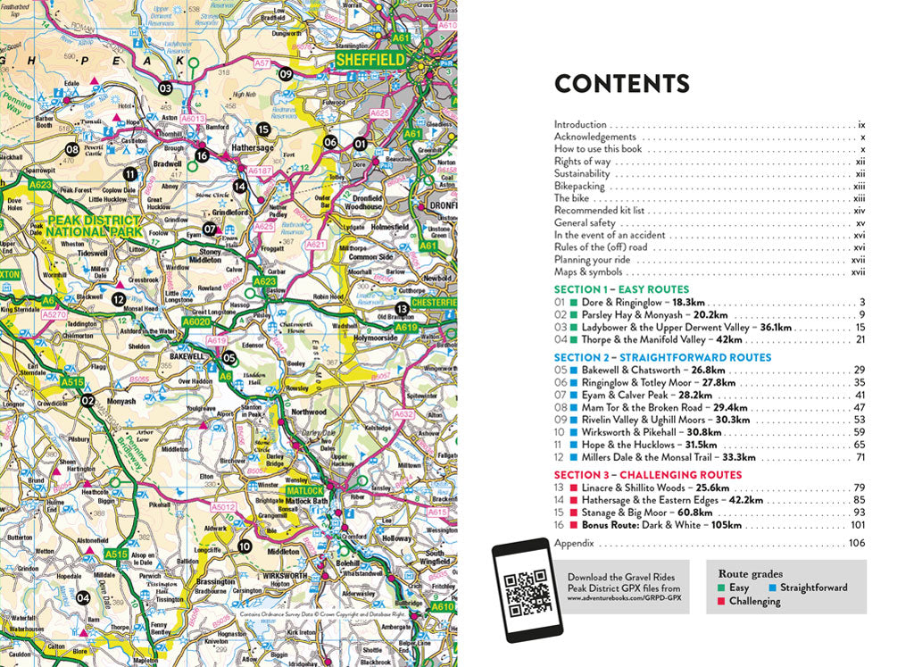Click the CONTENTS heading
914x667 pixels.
[621, 84]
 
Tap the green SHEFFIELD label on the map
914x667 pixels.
[370, 61]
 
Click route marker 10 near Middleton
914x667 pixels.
[245, 546]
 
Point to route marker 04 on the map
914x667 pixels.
[82, 597]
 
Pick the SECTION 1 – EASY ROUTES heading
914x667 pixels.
[621, 290]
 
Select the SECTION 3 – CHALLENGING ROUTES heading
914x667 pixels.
[647, 475]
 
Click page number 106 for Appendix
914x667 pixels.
[857, 543]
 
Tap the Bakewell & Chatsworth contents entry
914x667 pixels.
[640, 370]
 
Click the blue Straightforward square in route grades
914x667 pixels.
[771, 588]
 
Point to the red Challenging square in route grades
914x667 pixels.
[721, 602]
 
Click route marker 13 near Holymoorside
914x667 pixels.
[402, 308]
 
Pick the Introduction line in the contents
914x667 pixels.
[580, 125]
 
